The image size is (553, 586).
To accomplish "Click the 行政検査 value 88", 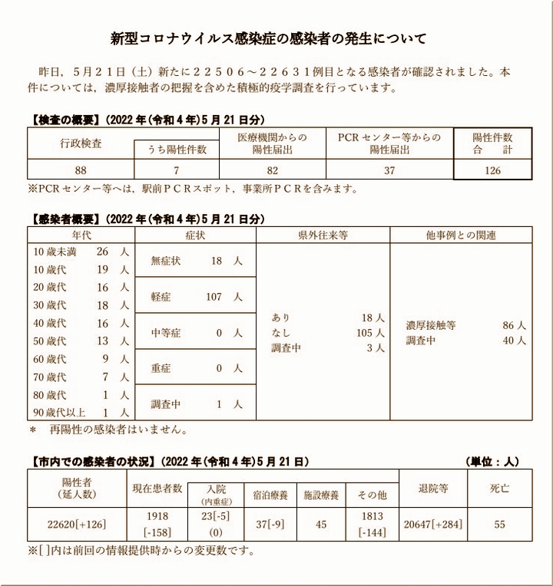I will (81, 171).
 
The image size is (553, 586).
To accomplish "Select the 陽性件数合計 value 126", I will (492, 171).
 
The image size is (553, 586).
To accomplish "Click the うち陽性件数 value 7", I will (176, 171).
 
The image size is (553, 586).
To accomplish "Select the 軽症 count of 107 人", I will (224, 297).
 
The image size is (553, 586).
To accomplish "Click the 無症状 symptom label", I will (167, 262).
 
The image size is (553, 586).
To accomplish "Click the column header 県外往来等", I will (323, 235).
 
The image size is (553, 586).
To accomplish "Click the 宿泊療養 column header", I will (270, 495).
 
